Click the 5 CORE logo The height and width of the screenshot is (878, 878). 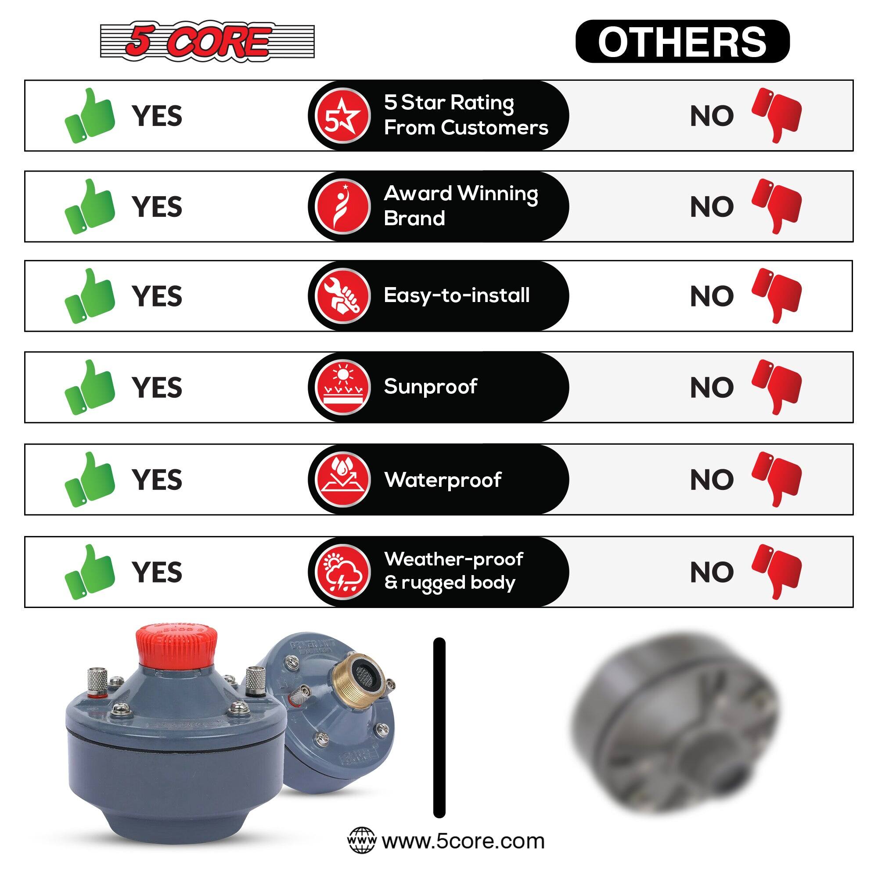(x=207, y=41)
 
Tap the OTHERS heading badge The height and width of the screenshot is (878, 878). (x=682, y=41)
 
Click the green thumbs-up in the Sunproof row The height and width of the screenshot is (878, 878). (x=90, y=387)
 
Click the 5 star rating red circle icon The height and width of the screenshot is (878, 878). (x=343, y=116)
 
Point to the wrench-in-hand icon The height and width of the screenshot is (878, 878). (x=343, y=296)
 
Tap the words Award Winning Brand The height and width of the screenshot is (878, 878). (x=461, y=206)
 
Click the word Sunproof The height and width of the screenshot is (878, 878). (x=430, y=387)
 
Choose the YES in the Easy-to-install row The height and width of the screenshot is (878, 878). (x=157, y=296)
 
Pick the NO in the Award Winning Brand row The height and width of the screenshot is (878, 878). (x=712, y=207)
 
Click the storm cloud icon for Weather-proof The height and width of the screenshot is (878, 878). (x=343, y=572)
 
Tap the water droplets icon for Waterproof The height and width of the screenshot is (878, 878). (x=343, y=479)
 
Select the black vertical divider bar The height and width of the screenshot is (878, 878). (x=439, y=727)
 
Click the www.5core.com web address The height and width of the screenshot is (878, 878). (x=463, y=841)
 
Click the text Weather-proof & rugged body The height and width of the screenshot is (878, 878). (x=453, y=571)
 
